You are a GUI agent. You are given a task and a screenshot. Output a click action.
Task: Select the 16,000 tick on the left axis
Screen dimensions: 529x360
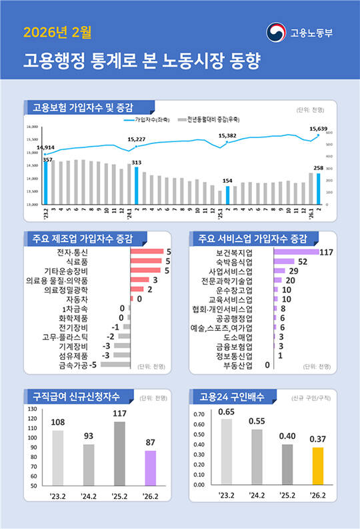click(32, 127)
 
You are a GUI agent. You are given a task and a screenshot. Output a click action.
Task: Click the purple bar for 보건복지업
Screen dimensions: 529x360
click(295, 252)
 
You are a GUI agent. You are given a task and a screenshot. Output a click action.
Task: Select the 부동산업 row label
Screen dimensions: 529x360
click(238, 365)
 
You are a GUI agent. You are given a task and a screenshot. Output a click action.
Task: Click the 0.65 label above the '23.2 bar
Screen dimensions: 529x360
click(226, 412)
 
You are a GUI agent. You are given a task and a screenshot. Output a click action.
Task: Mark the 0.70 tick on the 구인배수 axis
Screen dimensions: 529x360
click(199, 414)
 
